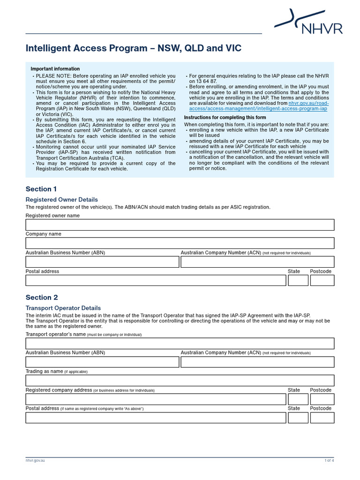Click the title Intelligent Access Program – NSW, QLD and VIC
click(133, 49)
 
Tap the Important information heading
click(55, 69)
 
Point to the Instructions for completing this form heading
click(225, 117)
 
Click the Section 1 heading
click(41, 189)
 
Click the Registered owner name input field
click(180, 225)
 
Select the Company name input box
click(180, 243)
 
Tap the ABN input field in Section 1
click(102, 262)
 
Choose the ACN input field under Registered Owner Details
click(257, 262)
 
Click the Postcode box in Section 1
click(322, 280)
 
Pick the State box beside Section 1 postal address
click(298, 280)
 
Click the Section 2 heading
click(42, 297)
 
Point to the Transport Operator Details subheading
click(63, 308)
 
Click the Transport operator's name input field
click(180, 344)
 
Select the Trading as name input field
click(180, 381)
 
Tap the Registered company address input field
click(155, 399)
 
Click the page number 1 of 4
click(329, 461)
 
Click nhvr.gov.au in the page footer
click(35, 461)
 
